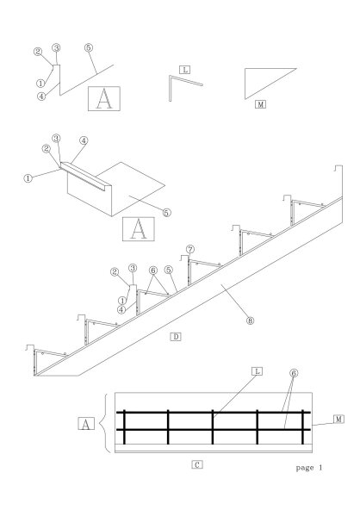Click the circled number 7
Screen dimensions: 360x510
(190, 250)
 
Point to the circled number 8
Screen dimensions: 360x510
(250, 320)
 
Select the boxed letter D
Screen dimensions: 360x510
(176, 337)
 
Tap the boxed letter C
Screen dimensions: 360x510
(197, 465)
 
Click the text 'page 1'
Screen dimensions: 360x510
(309, 468)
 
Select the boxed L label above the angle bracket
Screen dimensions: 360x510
(184, 70)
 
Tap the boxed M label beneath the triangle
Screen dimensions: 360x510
(260, 104)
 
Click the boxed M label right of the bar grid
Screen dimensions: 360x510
(338, 419)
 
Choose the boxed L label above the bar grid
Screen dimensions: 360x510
(257, 371)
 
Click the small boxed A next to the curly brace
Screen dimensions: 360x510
(86, 424)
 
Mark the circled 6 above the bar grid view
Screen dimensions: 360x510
(294, 373)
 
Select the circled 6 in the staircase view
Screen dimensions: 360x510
(153, 271)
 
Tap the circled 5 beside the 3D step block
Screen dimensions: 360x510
(166, 213)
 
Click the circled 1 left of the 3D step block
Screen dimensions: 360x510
(28, 178)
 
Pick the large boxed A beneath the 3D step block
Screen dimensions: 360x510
(139, 229)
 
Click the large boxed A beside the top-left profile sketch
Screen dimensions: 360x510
(104, 98)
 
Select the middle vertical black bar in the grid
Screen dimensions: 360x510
(213, 426)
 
